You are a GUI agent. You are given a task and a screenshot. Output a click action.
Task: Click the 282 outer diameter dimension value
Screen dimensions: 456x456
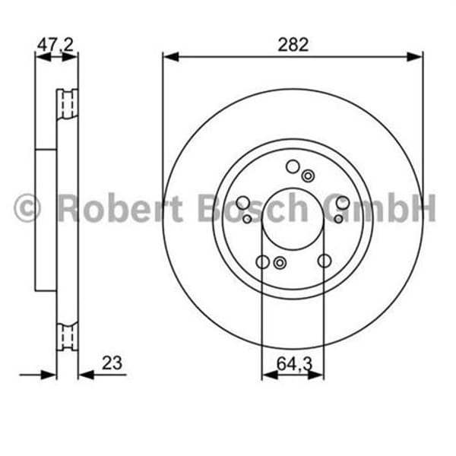point(293,44)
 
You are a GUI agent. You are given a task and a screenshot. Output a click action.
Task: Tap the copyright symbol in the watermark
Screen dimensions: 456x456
point(27,207)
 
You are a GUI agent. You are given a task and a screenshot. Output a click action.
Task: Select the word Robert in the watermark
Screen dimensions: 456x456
point(121,207)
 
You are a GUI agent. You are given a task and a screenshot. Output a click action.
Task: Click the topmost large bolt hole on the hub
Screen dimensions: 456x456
point(293,167)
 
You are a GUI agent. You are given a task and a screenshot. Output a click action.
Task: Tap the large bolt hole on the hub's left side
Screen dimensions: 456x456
point(242,203)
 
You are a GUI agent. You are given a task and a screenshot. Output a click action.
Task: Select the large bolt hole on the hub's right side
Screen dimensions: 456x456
point(343,203)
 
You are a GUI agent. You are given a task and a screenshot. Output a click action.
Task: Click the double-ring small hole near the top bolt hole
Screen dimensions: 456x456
point(308,176)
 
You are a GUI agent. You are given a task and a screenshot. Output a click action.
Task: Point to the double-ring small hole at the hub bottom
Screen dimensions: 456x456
point(279,263)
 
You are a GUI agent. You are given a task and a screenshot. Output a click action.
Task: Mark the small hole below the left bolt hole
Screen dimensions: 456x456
point(248,219)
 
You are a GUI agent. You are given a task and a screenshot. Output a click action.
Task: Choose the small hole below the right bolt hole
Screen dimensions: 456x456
point(337,219)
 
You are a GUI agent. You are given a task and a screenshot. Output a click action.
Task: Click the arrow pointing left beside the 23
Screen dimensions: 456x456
point(84,374)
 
